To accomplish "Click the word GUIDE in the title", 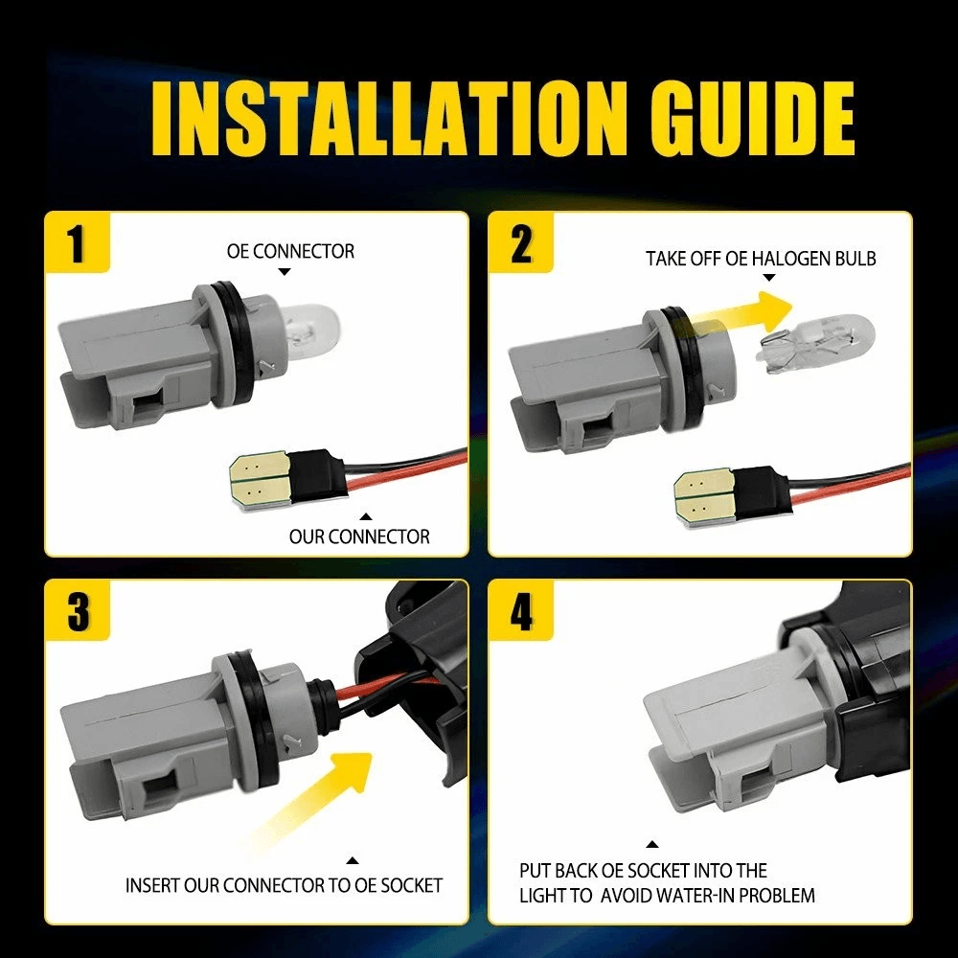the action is tap(752, 118).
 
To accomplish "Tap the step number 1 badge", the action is tap(77, 242).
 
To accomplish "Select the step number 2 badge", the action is tap(520, 242).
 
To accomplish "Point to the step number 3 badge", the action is tap(78, 610).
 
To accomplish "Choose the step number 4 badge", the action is tap(521, 610).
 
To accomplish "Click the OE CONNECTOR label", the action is tap(290, 251).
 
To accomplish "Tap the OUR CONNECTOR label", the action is tap(359, 536).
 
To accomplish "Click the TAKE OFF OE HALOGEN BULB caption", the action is tap(761, 259).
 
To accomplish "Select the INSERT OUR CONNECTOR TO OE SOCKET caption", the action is tap(284, 885).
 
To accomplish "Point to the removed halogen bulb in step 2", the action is tap(816, 343).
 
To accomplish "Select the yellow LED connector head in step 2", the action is tap(706, 492).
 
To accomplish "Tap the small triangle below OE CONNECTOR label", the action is tap(285, 272).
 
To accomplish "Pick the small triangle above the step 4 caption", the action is tap(652, 844).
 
